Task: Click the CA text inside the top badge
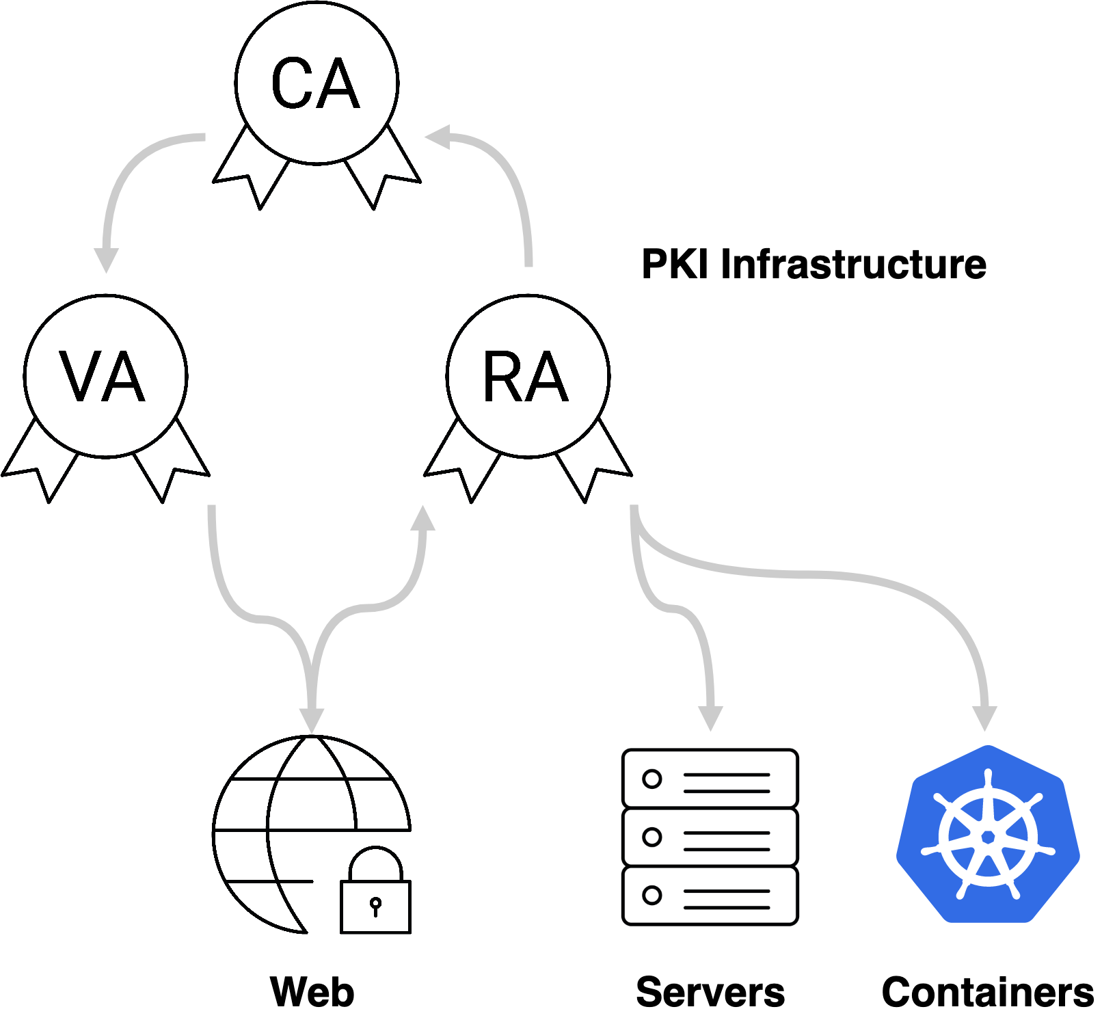click(315, 83)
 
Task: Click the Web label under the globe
click(312, 992)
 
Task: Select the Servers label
click(710, 992)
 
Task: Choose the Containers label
click(988, 992)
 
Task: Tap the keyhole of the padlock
click(375, 905)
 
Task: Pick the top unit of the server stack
click(710, 779)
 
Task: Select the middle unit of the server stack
click(710, 837)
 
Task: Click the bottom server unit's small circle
click(652, 895)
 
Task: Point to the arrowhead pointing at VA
click(106, 260)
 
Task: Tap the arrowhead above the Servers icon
click(710, 718)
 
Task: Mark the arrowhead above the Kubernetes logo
click(984, 718)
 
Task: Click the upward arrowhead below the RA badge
click(423, 520)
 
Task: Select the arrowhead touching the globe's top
click(312, 721)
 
